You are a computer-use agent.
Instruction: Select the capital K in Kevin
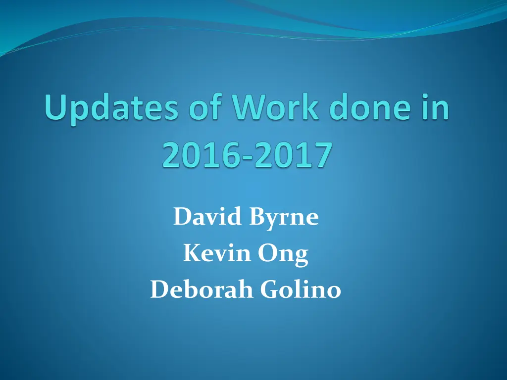click(x=190, y=254)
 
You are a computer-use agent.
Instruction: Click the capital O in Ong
click(x=273, y=254)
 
